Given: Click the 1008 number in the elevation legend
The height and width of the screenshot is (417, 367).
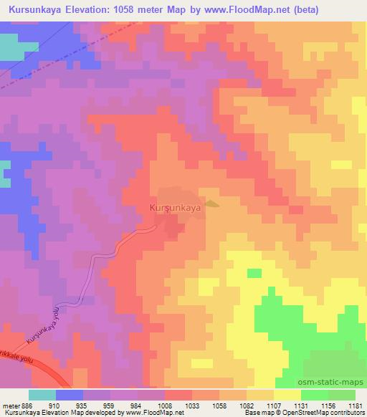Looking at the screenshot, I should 164,405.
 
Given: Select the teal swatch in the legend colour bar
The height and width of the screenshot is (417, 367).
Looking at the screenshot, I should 42,395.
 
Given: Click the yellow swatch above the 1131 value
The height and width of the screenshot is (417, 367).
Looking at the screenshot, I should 286,395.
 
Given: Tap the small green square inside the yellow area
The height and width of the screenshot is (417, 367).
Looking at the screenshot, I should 254,273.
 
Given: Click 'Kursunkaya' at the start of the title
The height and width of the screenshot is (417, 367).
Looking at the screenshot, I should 33,10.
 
